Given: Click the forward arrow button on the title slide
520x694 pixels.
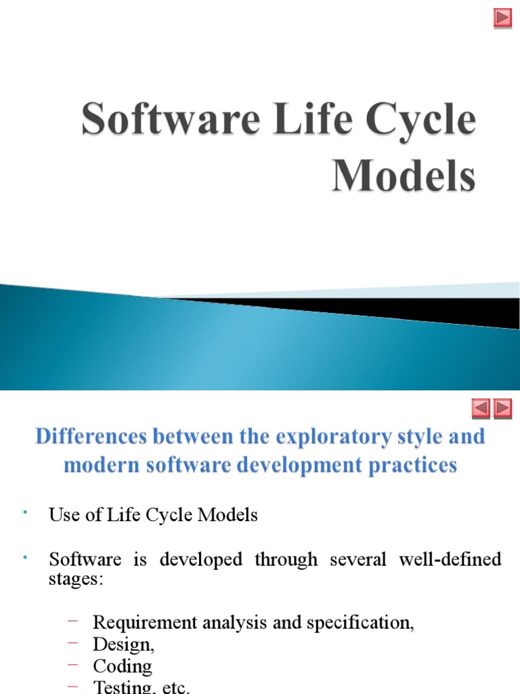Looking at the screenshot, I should point(502,18).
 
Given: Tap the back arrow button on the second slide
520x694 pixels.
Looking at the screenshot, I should point(480,409).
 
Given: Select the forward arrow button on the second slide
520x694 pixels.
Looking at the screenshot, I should point(502,409).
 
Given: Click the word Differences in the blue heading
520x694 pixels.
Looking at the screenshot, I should point(92,436).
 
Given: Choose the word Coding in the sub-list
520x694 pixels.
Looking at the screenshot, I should point(123,666).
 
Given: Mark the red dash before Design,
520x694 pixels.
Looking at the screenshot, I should point(74,643).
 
